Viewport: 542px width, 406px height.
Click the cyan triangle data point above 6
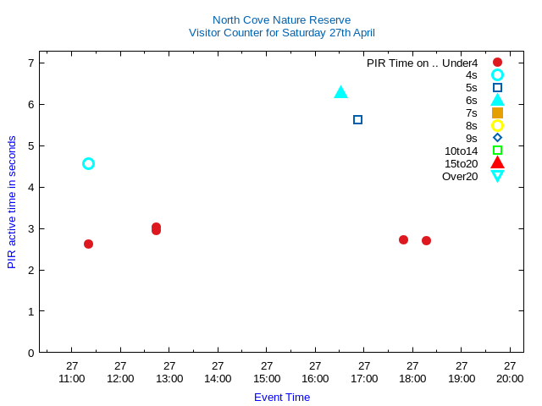pos(340,92)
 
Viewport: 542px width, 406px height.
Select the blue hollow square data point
pos(357,119)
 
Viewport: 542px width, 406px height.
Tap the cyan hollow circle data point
pos(88,163)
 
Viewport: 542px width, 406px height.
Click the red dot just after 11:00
pos(88,244)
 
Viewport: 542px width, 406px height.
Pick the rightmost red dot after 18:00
pos(426,240)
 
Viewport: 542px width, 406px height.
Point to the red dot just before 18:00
pos(403,239)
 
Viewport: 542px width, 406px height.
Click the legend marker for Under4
pos(497,63)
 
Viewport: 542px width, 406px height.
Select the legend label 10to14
pos(461,151)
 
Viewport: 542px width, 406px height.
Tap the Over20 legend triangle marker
pos(497,176)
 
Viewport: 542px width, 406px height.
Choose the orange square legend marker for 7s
pos(497,112)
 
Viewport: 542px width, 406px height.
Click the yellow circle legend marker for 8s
pos(497,125)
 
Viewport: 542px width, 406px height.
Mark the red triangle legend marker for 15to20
pos(497,162)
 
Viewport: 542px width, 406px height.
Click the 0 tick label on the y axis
pos(30,353)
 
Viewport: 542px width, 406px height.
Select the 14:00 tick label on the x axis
pos(218,378)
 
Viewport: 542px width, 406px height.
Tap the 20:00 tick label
pos(510,378)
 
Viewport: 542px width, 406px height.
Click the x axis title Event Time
pos(282,397)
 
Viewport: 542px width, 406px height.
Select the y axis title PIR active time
pos(12,202)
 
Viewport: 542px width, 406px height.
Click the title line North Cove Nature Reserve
pos(281,19)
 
